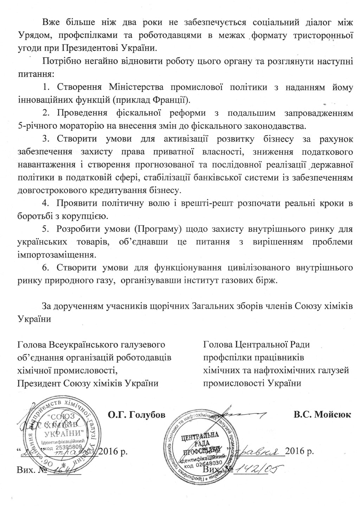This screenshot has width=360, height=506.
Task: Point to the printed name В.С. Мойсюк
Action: [322, 415]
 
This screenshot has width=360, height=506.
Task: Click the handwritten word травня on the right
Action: [261, 451]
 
